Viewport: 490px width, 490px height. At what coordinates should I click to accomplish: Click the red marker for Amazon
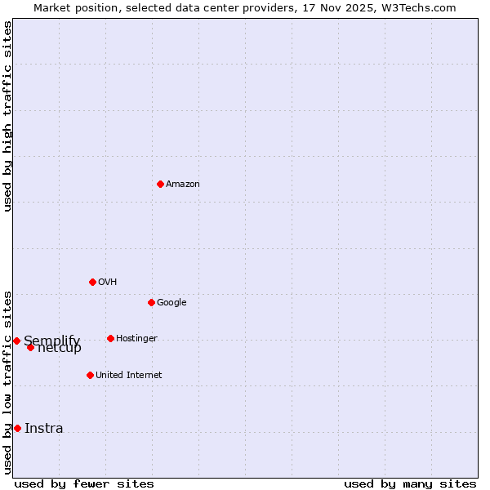click(x=160, y=184)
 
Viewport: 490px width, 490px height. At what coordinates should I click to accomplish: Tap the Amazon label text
click(x=183, y=185)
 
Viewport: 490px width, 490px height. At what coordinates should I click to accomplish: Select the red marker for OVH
click(x=92, y=282)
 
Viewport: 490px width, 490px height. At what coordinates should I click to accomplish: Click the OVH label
click(x=108, y=283)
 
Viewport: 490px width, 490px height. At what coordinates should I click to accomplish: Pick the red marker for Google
click(x=151, y=302)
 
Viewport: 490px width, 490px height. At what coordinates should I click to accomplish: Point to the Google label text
click(x=171, y=303)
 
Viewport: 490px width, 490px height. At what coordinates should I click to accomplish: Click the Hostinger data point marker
click(x=110, y=338)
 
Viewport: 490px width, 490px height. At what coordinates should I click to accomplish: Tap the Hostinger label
click(x=136, y=339)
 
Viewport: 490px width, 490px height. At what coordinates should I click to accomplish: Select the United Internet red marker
click(x=90, y=375)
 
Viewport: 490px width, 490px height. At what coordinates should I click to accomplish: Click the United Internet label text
click(x=129, y=376)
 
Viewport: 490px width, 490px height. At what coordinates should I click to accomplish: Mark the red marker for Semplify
click(x=16, y=341)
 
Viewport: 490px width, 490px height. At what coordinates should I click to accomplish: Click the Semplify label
click(x=52, y=341)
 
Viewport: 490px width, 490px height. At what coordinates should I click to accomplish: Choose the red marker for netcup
click(x=30, y=347)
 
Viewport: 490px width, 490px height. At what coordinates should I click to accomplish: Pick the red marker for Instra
click(x=17, y=428)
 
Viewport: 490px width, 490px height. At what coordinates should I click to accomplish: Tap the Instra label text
click(x=44, y=429)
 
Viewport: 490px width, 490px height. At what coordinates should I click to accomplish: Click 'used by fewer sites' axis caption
click(x=84, y=483)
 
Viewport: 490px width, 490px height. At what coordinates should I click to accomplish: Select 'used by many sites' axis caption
click(x=410, y=483)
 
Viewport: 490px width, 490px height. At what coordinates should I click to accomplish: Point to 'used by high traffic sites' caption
click(x=7, y=116)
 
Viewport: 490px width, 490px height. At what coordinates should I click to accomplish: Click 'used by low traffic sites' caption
click(x=7, y=381)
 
